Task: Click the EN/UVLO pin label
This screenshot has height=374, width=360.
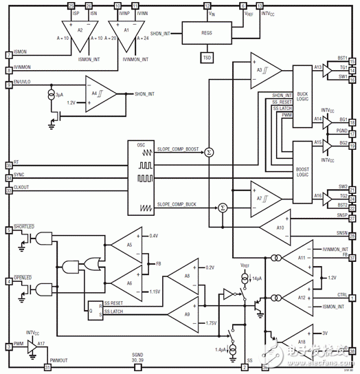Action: click(x=26, y=83)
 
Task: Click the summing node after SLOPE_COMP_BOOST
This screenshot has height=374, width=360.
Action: click(x=210, y=151)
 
